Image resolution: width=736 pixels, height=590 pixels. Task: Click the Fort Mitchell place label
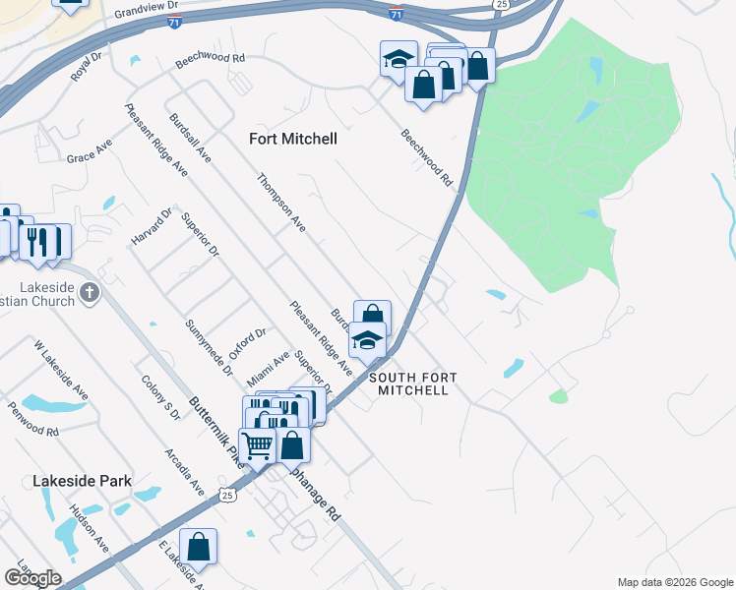point(293,139)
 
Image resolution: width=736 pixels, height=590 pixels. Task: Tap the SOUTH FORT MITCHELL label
point(409,383)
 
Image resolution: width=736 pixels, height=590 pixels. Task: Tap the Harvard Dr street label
point(153,227)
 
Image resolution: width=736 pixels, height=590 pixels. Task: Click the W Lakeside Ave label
point(61,370)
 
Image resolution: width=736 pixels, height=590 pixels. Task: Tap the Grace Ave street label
point(89,152)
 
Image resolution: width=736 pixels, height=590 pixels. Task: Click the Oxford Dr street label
point(247,345)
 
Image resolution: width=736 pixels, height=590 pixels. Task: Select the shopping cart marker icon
point(257,444)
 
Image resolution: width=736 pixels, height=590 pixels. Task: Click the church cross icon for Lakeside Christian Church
point(89,292)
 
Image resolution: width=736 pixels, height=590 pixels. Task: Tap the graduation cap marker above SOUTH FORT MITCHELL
point(368,341)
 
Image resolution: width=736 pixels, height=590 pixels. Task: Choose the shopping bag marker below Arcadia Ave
point(198,548)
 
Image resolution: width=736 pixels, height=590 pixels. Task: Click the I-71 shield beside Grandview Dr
point(174,21)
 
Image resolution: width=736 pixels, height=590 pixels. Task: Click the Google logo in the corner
point(32,577)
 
